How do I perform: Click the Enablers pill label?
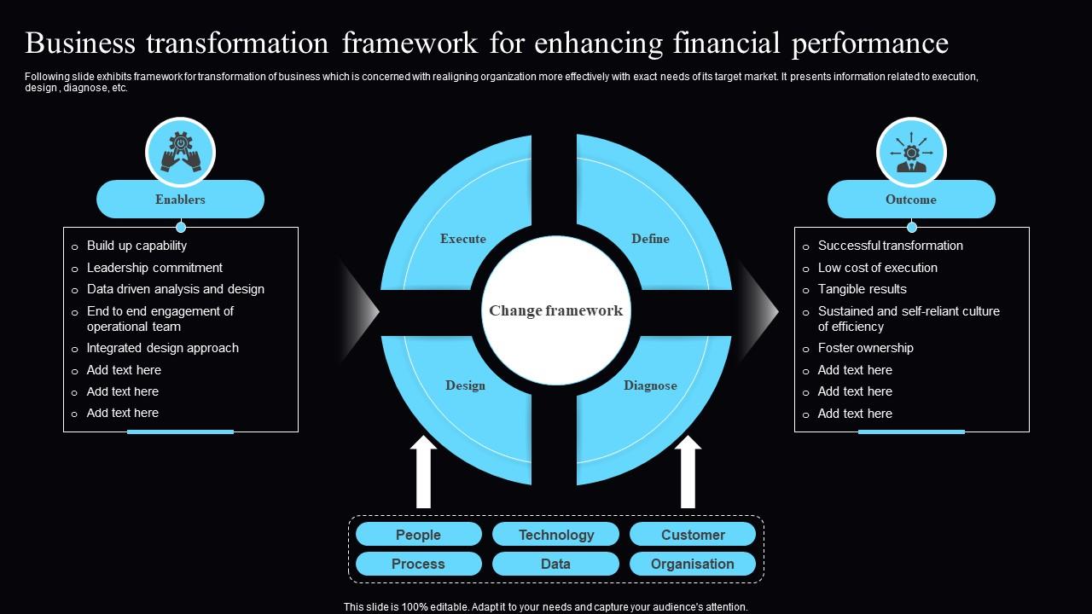pyautogui.click(x=180, y=200)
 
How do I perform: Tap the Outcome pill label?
pyautogui.click(x=910, y=200)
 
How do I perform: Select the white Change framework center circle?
pyautogui.click(x=555, y=310)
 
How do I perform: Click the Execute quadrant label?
pyautogui.click(x=463, y=239)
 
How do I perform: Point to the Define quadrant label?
pyautogui.click(x=650, y=239)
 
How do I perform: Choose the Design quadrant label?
pyautogui.click(x=465, y=385)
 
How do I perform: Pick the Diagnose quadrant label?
pyautogui.click(x=650, y=385)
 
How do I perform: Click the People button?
pyautogui.click(x=418, y=535)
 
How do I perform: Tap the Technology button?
pyautogui.click(x=555, y=535)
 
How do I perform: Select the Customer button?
pyautogui.click(x=693, y=535)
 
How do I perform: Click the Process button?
pyautogui.click(x=418, y=564)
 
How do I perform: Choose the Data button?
pyautogui.click(x=555, y=564)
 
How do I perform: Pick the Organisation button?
pyautogui.click(x=693, y=564)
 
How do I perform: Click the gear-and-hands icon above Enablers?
pyautogui.click(x=180, y=153)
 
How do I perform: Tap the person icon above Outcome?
pyautogui.click(x=911, y=153)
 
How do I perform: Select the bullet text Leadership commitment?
pyautogui.click(x=154, y=268)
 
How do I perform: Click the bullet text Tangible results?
pyautogui.click(x=862, y=289)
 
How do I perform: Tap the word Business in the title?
pyautogui.click(x=80, y=43)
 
